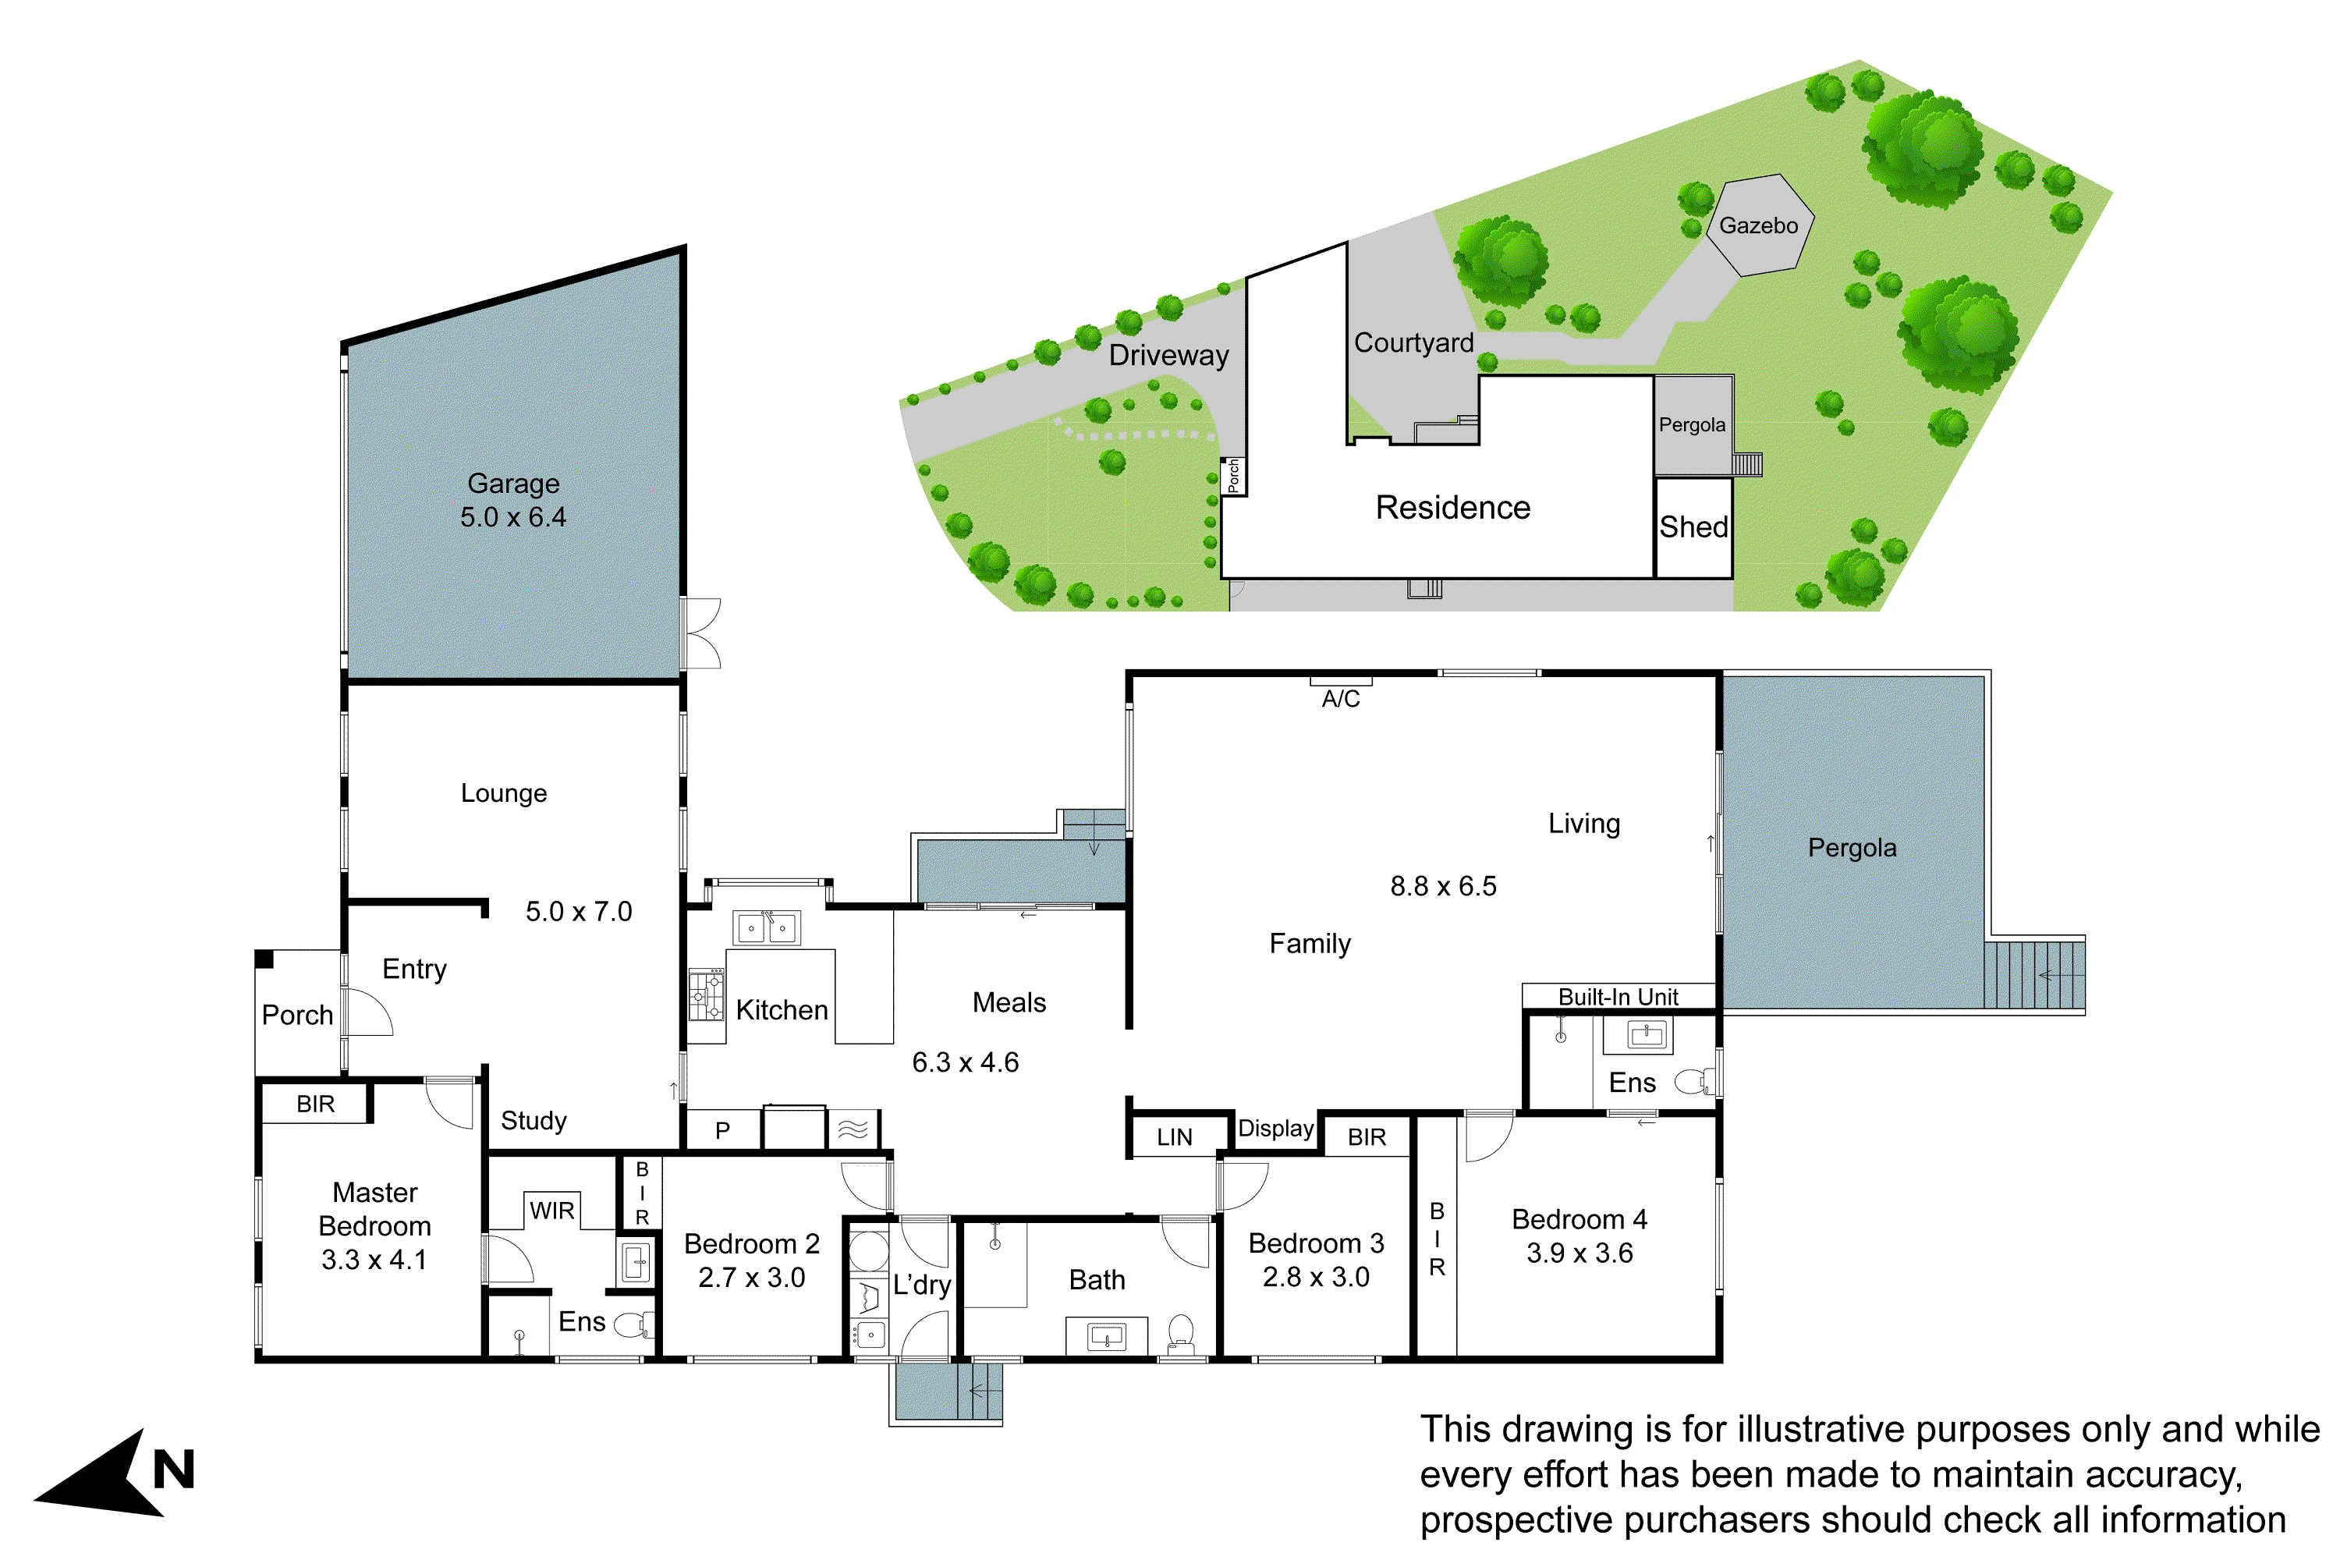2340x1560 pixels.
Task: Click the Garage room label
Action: [513, 484]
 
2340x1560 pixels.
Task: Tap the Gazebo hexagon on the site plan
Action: [1758, 226]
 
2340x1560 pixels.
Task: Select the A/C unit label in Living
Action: [1340, 698]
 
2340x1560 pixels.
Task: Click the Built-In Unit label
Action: [1618, 997]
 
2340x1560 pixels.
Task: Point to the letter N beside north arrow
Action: [173, 1470]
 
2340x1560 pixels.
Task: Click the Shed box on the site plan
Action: [1693, 527]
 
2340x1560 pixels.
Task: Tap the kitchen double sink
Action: [765, 928]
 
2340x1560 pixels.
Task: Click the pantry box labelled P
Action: [722, 1130]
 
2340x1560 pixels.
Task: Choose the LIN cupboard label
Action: [1174, 1137]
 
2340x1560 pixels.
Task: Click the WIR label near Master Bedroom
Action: [552, 1211]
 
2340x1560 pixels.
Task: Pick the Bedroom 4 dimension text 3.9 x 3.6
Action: [1580, 1253]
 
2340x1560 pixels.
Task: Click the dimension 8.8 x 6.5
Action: [1442, 886]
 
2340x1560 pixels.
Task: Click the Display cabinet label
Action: [1275, 1128]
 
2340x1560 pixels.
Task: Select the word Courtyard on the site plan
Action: [1413, 342]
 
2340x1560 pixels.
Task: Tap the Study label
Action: [534, 1120]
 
